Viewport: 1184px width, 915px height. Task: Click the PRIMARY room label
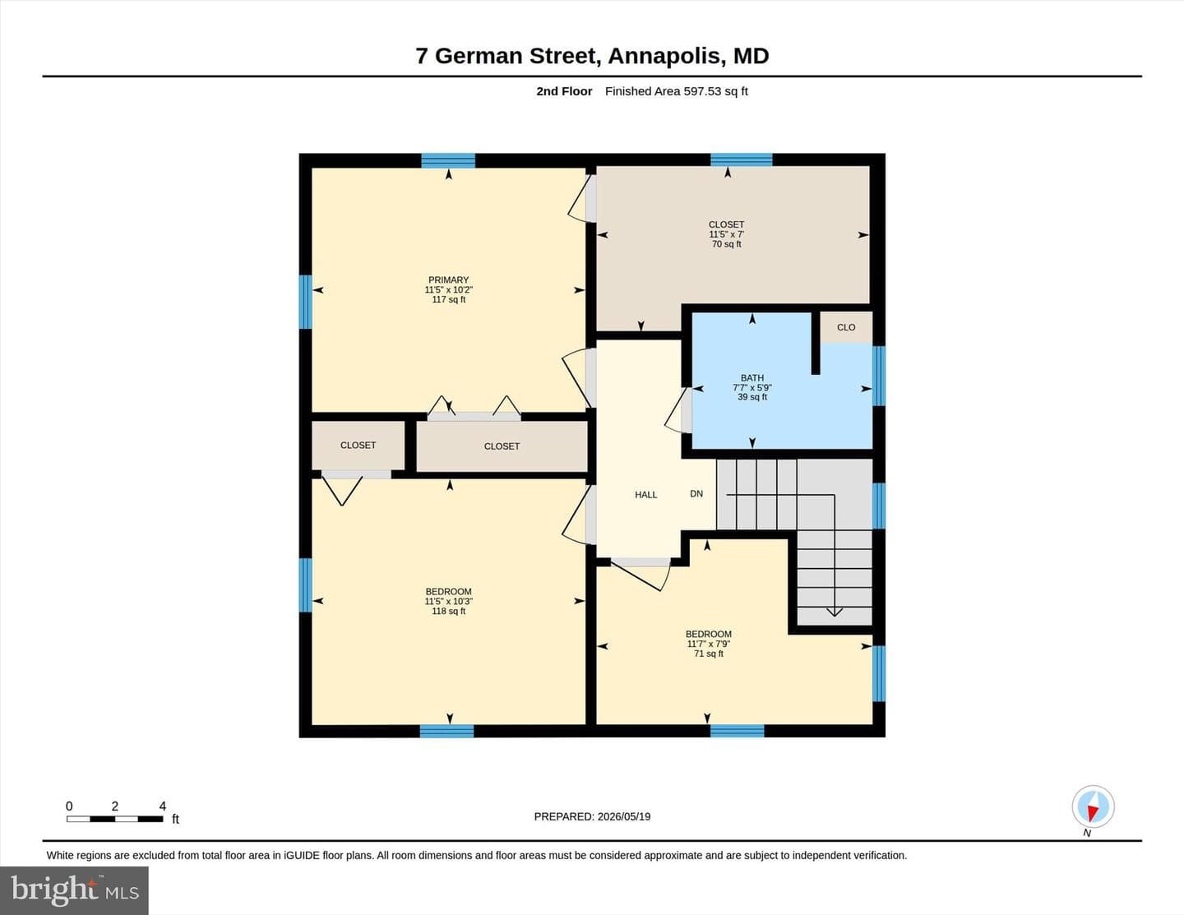[x=448, y=280]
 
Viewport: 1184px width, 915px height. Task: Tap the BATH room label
[x=752, y=378]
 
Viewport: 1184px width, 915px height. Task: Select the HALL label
[x=645, y=495]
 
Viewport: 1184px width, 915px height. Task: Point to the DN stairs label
[x=696, y=494]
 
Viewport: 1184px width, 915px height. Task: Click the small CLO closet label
[x=845, y=327]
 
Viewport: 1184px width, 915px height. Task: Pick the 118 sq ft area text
[x=448, y=611]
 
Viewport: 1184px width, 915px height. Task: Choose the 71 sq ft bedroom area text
[x=708, y=654]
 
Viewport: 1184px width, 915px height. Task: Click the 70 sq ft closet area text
[x=726, y=244]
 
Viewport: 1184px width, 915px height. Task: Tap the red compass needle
[x=1092, y=813]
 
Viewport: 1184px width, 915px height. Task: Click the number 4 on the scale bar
[x=162, y=806]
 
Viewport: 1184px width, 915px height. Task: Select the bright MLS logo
[x=75, y=890]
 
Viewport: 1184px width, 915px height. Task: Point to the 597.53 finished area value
[x=702, y=91]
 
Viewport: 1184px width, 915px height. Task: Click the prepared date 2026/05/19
[x=624, y=817]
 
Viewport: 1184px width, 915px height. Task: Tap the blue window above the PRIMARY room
[x=448, y=160]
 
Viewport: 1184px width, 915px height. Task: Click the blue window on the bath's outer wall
[x=878, y=376]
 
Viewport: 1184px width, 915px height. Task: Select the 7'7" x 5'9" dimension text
[x=752, y=388]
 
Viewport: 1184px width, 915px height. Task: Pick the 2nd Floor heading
[x=564, y=91]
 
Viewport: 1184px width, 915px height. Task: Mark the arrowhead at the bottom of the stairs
[x=835, y=612]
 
